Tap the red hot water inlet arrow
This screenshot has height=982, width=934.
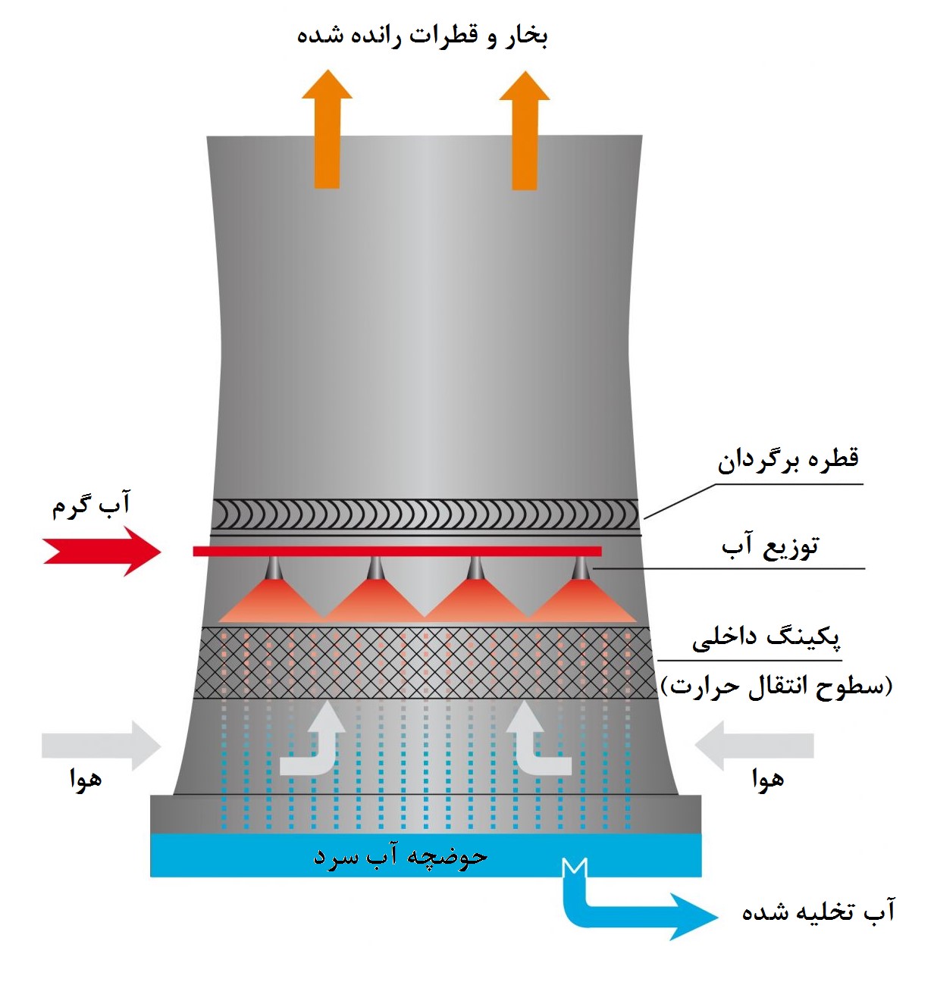click(x=102, y=551)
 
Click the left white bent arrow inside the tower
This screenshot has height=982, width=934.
click(x=315, y=746)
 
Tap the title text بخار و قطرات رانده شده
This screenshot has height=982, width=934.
click(x=422, y=36)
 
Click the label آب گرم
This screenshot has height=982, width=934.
click(x=91, y=505)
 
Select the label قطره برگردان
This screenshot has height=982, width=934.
click(x=788, y=459)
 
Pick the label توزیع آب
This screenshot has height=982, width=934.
click(x=770, y=546)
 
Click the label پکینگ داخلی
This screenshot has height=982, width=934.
click(x=766, y=636)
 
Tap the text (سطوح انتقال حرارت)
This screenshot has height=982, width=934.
click(x=777, y=686)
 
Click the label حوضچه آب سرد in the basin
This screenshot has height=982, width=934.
click(x=400, y=856)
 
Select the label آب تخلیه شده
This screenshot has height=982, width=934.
click(x=819, y=912)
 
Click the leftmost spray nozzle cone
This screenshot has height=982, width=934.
click(x=273, y=595)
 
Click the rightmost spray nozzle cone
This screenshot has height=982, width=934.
click(x=581, y=595)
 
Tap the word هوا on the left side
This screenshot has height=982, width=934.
click(x=86, y=779)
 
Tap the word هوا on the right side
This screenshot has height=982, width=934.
click(x=768, y=779)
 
